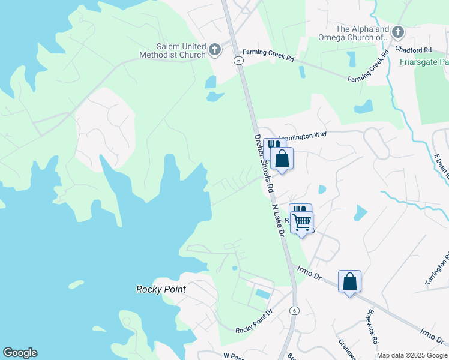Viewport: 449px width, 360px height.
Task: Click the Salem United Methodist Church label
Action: coord(172,50)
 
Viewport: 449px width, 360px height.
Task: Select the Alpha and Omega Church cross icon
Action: coord(397,31)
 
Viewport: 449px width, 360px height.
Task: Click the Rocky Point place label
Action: coord(160,289)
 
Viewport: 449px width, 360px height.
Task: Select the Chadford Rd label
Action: coord(418,50)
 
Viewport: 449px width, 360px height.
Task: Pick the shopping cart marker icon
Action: coord(302,223)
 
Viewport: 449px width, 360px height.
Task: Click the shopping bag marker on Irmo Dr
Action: coord(349,281)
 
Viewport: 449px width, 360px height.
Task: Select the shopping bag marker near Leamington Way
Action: coord(282,159)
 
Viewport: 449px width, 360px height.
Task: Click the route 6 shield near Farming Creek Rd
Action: coord(238,61)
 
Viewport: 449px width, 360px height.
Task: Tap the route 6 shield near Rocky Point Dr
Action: coord(294,310)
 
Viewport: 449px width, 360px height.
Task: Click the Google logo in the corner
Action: coord(20,353)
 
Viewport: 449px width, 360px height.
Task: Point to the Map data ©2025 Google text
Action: coord(411,355)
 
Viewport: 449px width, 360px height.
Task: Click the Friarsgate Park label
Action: coord(423,62)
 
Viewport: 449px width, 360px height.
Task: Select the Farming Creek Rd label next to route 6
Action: coord(273,58)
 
